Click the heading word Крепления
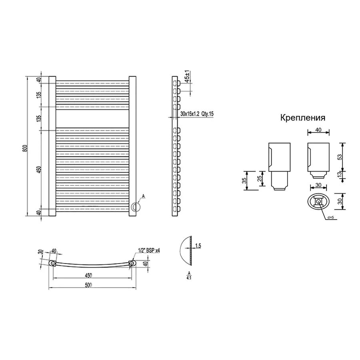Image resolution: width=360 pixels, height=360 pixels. pos(302,118)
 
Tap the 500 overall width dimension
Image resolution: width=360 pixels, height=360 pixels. pos(88,285)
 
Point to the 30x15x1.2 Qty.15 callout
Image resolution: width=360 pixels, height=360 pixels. pos(197,114)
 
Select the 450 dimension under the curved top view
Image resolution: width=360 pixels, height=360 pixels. pos(88,275)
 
